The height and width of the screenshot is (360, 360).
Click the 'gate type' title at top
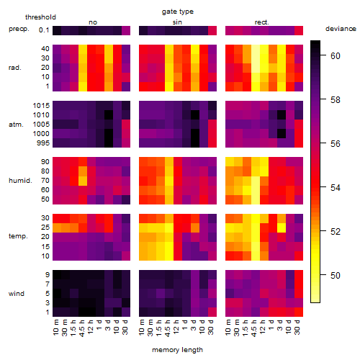click(178, 12)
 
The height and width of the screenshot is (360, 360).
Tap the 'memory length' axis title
click(177, 350)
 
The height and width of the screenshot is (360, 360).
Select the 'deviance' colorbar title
click(341, 29)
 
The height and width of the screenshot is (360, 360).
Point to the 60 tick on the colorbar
click(323, 55)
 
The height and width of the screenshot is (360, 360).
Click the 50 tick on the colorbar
click(323, 275)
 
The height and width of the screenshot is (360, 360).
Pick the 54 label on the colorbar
click(336, 187)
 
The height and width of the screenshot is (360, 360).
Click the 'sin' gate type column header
click(177, 22)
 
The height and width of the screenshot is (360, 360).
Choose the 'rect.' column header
click(261, 22)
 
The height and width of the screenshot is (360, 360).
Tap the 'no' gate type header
click(93, 22)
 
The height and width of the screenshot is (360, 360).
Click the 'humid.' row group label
click(20, 181)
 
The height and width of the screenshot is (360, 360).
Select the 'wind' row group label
click(17, 294)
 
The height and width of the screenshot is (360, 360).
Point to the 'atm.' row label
click(16, 125)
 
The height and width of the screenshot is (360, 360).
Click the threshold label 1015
click(41, 106)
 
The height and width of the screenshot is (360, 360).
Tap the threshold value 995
click(43, 143)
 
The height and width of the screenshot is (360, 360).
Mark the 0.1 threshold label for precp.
click(44, 30)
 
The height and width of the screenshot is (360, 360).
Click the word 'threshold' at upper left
click(40, 17)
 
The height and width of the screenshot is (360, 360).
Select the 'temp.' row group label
click(18, 236)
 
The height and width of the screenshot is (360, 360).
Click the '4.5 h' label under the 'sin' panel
click(168, 328)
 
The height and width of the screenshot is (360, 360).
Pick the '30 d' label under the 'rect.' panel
click(297, 327)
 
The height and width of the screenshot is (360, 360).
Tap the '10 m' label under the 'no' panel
click(55, 327)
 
